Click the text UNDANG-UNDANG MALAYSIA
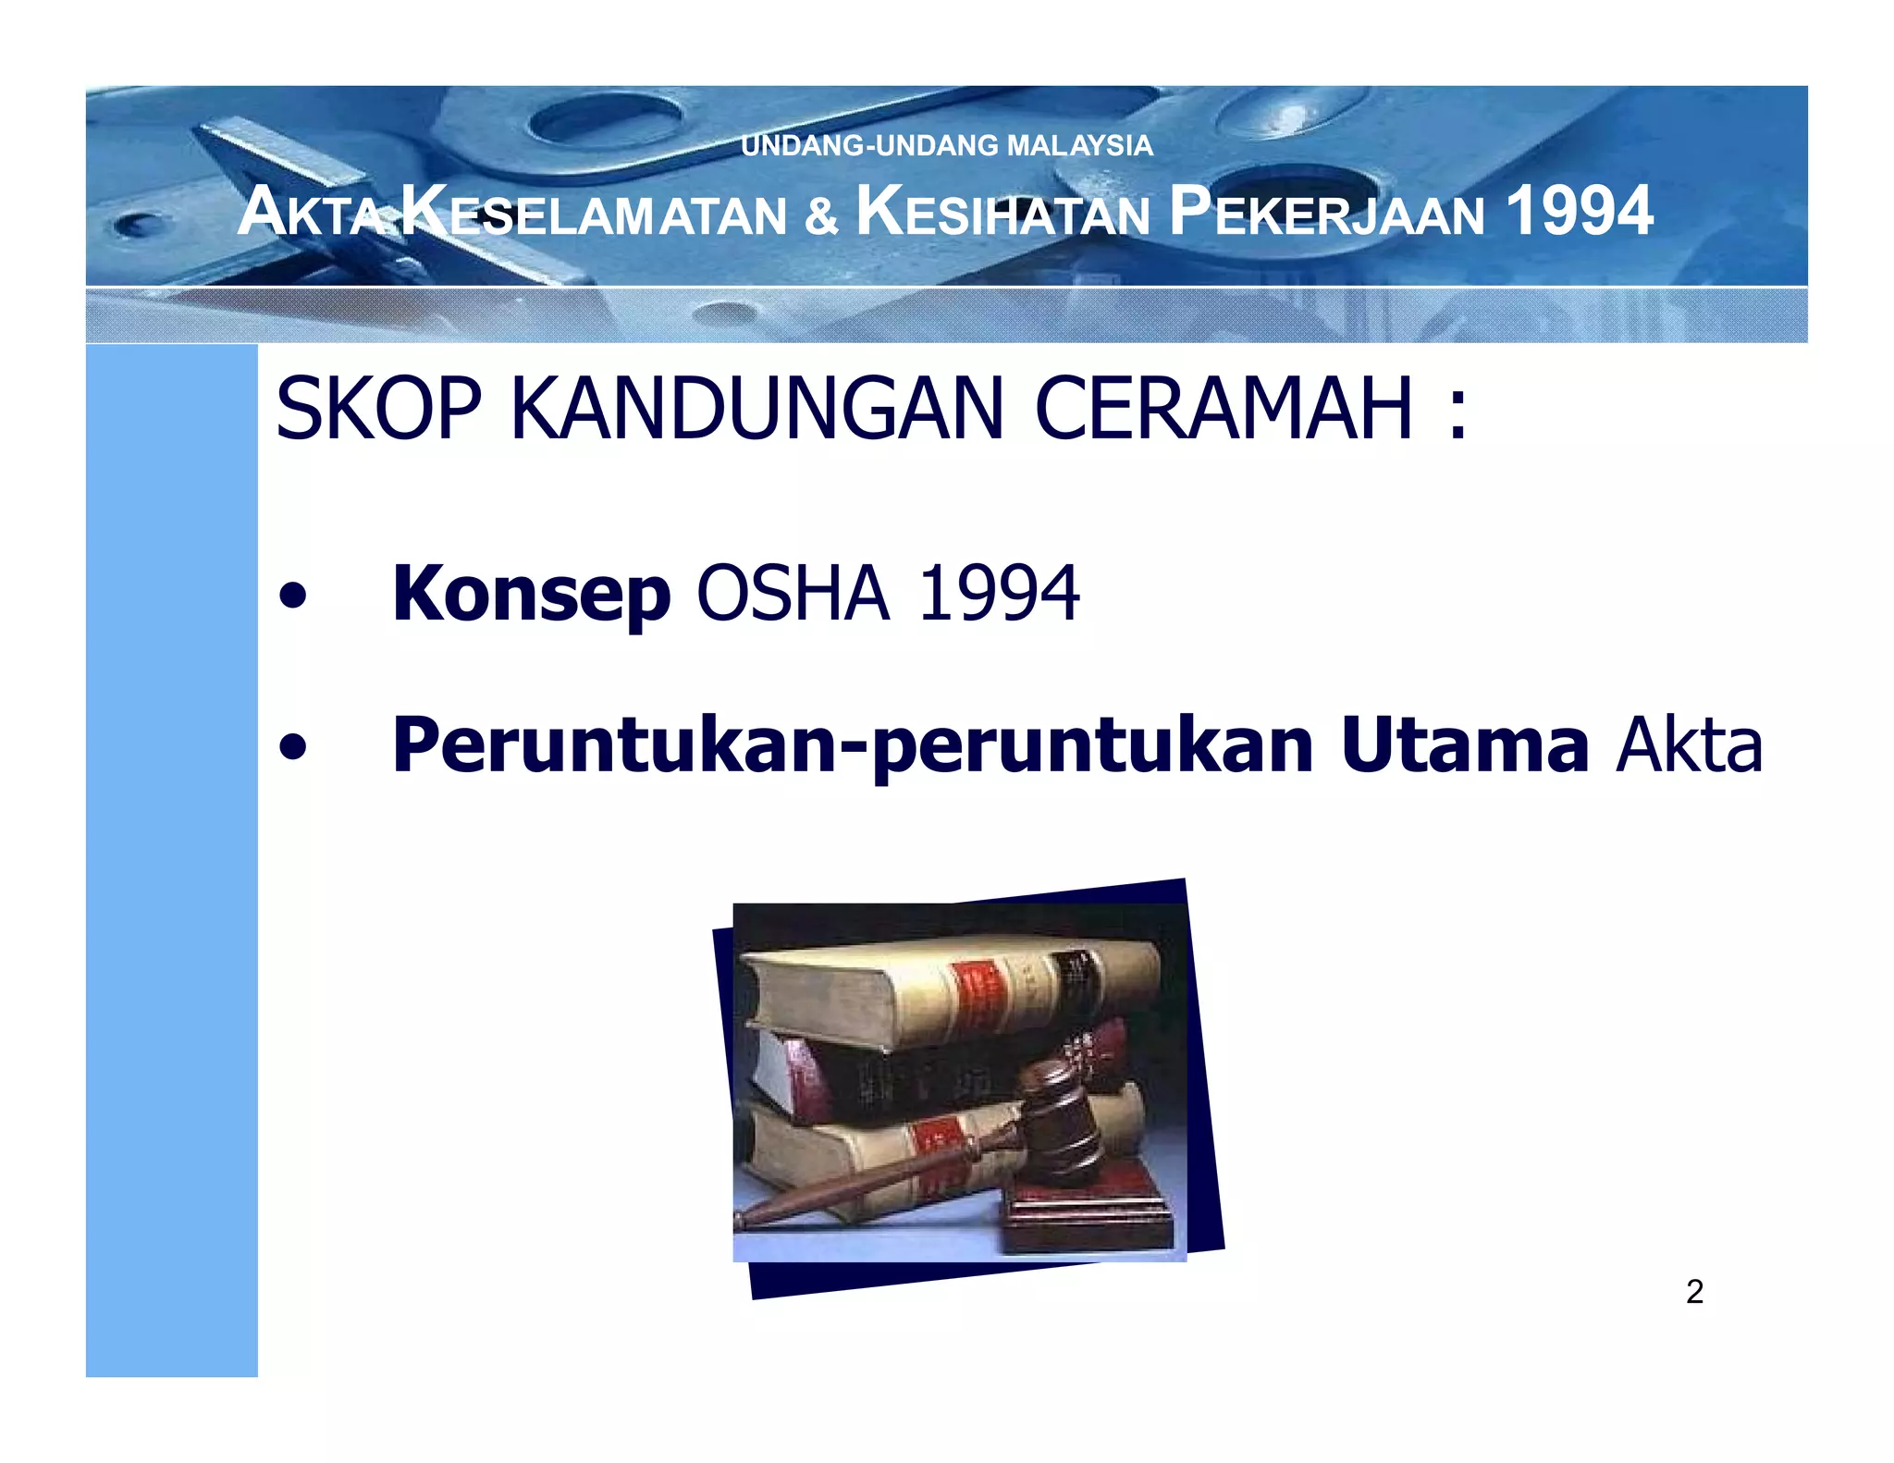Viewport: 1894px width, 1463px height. pyautogui.click(x=946, y=145)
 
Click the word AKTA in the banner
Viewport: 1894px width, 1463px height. pyautogui.click(x=310, y=213)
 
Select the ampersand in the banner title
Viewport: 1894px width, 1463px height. pyautogui.click(x=820, y=215)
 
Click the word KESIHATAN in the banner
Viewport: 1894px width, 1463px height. pyautogui.click(x=1003, y=213)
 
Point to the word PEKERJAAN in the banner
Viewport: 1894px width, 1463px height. pyautogui.click(x=1326, y=213)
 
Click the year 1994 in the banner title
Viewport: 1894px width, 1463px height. pyautogui.click(x=1579, y=211)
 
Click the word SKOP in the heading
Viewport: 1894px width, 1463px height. pyautogui.click(x=378, y=409)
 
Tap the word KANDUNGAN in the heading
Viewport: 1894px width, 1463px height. pyautogui.click(x=756, y=409)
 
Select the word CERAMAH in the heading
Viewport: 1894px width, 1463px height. pyautogui.click(x=1224, y=409)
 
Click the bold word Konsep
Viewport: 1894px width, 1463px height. pyautogui.click(x=531, y=595)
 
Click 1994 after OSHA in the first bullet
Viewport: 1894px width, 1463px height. pyautogui.click(x=999, y=594)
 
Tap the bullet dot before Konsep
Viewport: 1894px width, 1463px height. pyautogui.click(x=292, y=596)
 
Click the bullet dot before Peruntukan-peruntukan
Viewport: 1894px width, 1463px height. pyautogui.click(x=292, y=747)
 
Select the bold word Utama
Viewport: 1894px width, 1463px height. pyautogui.click(x=1464, y=745)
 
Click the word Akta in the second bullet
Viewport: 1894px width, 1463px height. pyautogui.click(x=1689, y=745)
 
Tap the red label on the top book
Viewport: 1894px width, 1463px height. pyautogui.click(x=978, y=994)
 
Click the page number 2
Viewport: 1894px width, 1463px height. pyautogui.click(x=1694, y=1291)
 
